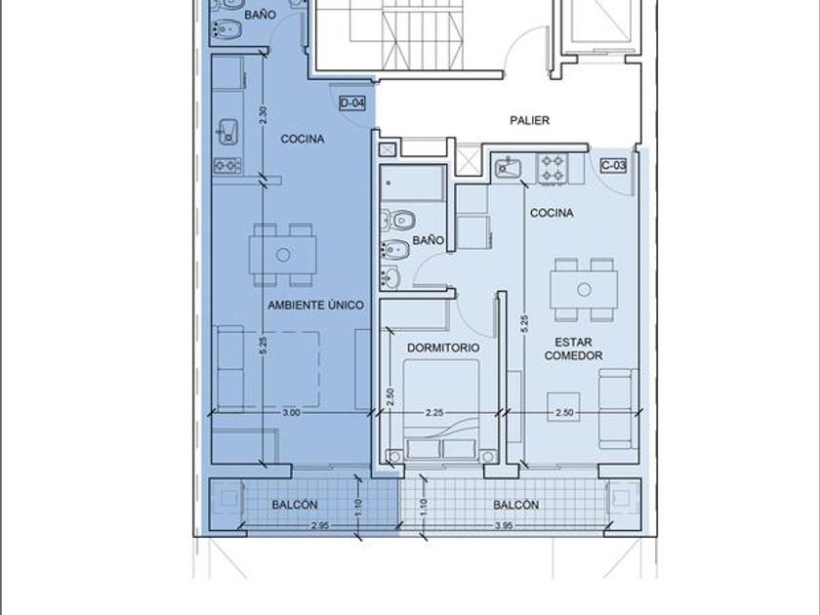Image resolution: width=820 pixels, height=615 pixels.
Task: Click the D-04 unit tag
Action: click(352, 103)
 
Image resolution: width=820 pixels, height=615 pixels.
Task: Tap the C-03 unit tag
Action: click(613, 166)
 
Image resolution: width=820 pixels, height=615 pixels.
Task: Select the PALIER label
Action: click(530, 120)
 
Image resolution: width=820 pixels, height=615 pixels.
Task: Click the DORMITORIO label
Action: click(443, 348)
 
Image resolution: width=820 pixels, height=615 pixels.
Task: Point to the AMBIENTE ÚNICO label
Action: click(316, 305)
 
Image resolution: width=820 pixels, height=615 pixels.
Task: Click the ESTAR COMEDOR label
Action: click(573, 348)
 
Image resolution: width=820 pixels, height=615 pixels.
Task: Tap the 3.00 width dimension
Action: click(291, 413)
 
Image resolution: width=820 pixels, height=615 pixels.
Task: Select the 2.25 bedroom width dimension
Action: click(434, 413)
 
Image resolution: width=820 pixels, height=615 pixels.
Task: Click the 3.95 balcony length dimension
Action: click(503, 525)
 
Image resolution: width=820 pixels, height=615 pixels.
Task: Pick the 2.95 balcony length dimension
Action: click(319, 525)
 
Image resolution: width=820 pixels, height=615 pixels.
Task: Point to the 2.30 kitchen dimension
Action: click(263, 115)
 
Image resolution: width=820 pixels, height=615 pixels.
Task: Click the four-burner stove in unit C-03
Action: click(553, 168)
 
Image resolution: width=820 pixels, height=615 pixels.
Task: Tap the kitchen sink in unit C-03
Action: click(507, 167)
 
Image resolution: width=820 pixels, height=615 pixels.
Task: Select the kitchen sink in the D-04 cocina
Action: click(228, 132)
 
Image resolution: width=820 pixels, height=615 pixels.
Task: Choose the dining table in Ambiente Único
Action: click(283, 255)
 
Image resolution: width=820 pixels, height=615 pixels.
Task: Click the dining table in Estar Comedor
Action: click(584, 289)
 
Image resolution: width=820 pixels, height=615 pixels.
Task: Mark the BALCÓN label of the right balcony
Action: click(516, 506)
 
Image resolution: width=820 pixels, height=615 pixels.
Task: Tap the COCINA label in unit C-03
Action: click(552, 214)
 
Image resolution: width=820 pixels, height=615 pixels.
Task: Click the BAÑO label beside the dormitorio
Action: click(428, 240)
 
